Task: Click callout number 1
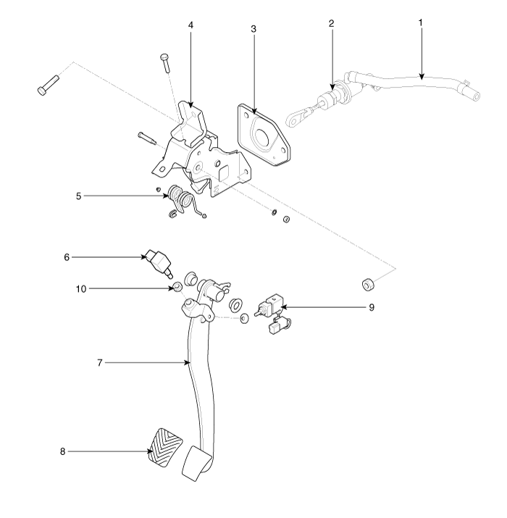click(x=420, y=22)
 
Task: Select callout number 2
click(x=331, y=22)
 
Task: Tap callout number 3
click(x=253, y=28)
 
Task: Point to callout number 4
click(x=190, y=25)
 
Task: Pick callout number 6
click(x=66, y=256)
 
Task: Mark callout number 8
click(x=63, y=451)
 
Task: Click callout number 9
click(x=372, y=306)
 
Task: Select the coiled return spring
click(x=178, y=199)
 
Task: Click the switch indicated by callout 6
click(x=159, y=261)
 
